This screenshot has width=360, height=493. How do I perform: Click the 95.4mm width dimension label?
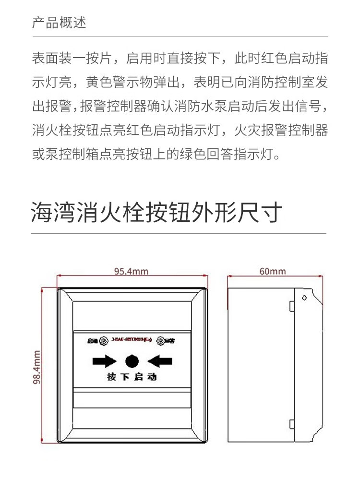pyautogui.click(x=131, y=271)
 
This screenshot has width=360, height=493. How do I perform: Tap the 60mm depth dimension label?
pyautogui.click(x=273, y=271)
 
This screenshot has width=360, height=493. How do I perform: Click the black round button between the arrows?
pyautogui.click(x=132, y=360)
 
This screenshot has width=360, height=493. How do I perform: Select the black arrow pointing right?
pyautogui.click(x=104, y=360)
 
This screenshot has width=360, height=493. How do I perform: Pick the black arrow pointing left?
pyautogui.click(x=160, y=360)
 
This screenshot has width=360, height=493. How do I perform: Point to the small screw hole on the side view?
pyautogui.click(x=304, y=298)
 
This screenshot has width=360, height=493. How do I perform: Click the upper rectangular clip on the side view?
pyautogui.click(x=291, y=305)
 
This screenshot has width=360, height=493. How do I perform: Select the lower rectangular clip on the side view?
pyautogui.click(x=291, y=424)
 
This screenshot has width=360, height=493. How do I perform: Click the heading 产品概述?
pyautogui.click(x=59, y=23)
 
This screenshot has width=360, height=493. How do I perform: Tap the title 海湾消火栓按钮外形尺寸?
pyautogui.click(x=156, y=213)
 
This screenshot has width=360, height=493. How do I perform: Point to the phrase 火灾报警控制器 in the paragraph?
pyautogui.click(x=288, y=130)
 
